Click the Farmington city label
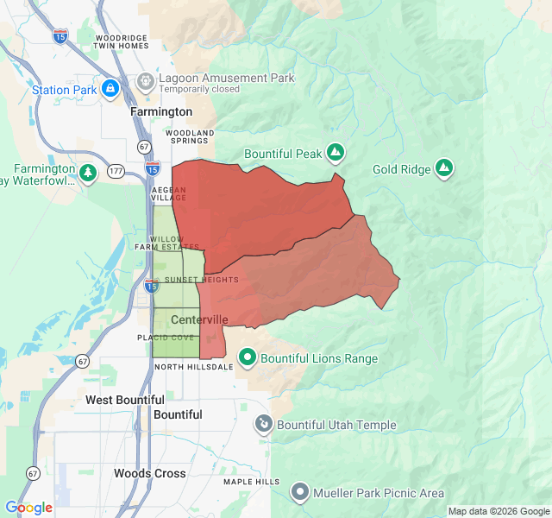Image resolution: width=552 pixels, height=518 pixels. tap(161, 112)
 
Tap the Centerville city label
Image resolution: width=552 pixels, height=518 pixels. tap(199, 319)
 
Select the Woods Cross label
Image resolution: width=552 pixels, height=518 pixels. tap(149, 473)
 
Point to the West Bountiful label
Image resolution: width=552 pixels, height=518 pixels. tap(125, 400)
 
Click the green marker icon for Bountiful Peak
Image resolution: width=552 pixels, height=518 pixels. tap(336, 154)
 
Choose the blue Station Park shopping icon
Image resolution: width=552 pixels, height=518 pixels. tap(110, 89)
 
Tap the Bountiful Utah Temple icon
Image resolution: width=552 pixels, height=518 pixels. tap(263, 425)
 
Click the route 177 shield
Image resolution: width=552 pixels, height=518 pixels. tap(115, 171)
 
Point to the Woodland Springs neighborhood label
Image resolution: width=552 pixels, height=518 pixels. tap(189, 136)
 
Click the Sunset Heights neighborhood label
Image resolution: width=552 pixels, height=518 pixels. tap(201, 280)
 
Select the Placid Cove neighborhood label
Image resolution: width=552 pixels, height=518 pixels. tap(166, 338)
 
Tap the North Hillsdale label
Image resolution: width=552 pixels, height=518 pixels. tap(193, 367)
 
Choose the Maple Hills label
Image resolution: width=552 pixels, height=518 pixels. tap(251, 482)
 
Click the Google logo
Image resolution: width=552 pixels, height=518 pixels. tap(29, 508)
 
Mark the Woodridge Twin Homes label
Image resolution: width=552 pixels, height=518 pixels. tap(122, 42)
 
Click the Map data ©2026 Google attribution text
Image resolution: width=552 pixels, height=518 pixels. tap(498, 511)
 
